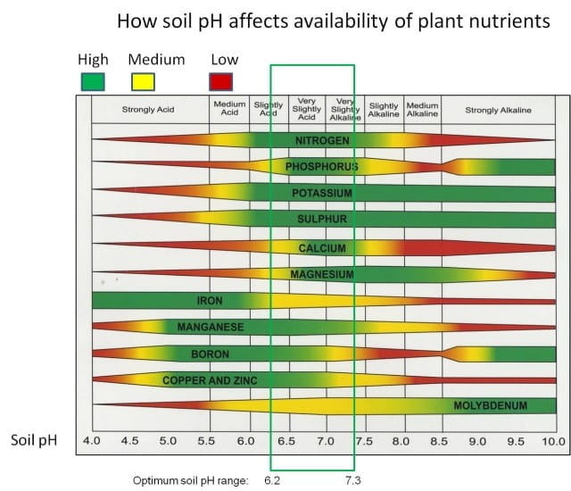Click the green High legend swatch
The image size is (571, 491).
pyautogui.click(x=92, y=81)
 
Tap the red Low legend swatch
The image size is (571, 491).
pyautogui.click(x=220, y=81)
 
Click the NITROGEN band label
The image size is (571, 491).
pyautogui.click(x=322, y=140)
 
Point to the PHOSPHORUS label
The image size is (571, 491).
pyautogui.click(x=322, y=167)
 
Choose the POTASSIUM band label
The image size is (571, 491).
pyautogui.click(x=322, y=193)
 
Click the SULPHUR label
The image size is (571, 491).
pyautogui.click(x=322, y=219)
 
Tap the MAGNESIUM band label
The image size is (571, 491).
pyautogui.click(x=322, y=274)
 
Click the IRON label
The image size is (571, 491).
pyautogui.click(x=211, y=300)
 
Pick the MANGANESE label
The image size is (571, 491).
pyautogui.click(x=211, y=327)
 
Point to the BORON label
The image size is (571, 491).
pyautogui.click(x=211, y=354)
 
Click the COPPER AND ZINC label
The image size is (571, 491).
pyautogui.click(x=211, y=380)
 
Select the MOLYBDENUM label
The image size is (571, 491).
pyautogui.click(x=491, y=406)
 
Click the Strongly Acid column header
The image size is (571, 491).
pyautogui.click(x=148, y=110)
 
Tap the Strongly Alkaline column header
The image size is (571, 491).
pyautogui.click(x=498, y=110)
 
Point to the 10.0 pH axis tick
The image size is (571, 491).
pyautogui.click(x=553, y=441)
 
